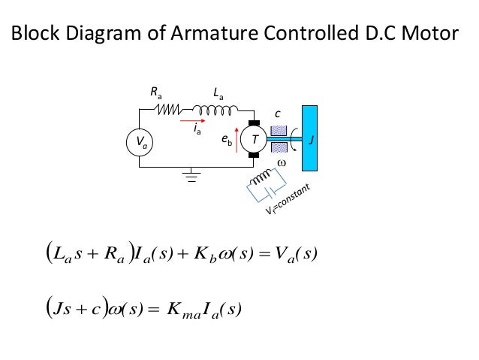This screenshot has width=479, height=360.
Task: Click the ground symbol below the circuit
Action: point(194,177)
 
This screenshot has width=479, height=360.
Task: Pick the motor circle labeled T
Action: point(255,140)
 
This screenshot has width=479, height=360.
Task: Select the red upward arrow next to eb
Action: point(238,141)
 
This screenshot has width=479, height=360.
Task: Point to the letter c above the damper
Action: point(276,113)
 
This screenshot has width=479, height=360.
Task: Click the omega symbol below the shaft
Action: point(282,162)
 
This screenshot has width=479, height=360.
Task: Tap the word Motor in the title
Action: point(429,34)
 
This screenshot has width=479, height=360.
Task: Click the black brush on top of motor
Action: point(254,123)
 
